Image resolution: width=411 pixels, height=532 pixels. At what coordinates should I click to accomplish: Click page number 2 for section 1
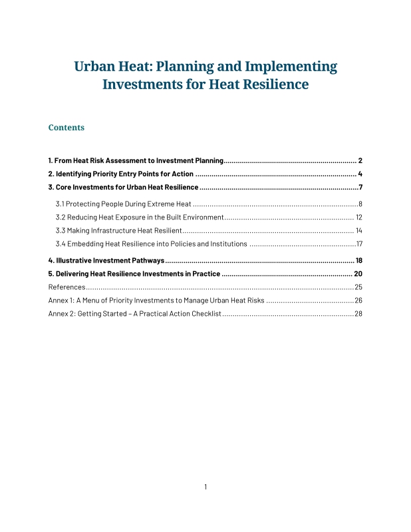coord(360,161)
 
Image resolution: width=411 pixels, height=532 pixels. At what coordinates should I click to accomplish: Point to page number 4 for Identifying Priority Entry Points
coord(360,174)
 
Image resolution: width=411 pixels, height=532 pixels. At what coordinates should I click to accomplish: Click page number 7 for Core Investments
coord(360,188)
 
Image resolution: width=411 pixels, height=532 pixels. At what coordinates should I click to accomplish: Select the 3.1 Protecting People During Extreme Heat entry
coord(123,203)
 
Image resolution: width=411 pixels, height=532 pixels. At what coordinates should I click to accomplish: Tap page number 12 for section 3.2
coord(358,217)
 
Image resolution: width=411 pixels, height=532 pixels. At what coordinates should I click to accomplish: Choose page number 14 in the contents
coord(358,230)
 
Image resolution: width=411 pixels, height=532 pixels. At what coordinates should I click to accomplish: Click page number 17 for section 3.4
coord(358,244)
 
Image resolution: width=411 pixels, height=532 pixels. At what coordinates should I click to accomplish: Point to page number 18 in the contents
coord(358,261)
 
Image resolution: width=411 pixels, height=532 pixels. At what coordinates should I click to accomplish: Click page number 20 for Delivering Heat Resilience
coord(358,274)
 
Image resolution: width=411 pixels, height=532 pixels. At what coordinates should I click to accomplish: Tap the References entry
coord(67,287)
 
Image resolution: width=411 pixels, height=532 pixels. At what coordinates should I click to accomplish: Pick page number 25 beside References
coord(358,287)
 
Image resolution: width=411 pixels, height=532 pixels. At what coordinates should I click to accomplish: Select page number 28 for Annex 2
coord(358,314)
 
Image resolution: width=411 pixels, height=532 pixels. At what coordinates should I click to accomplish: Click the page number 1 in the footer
coord(205,487)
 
